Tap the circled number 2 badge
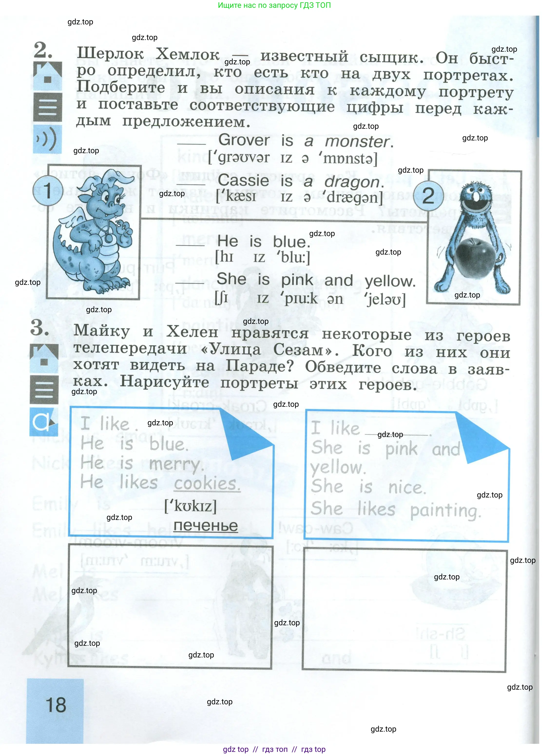(x=428, y=196)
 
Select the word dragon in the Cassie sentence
(x=352, y=182)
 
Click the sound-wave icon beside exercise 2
(x=47, y=139)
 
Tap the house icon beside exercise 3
(x=44, y=358)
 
